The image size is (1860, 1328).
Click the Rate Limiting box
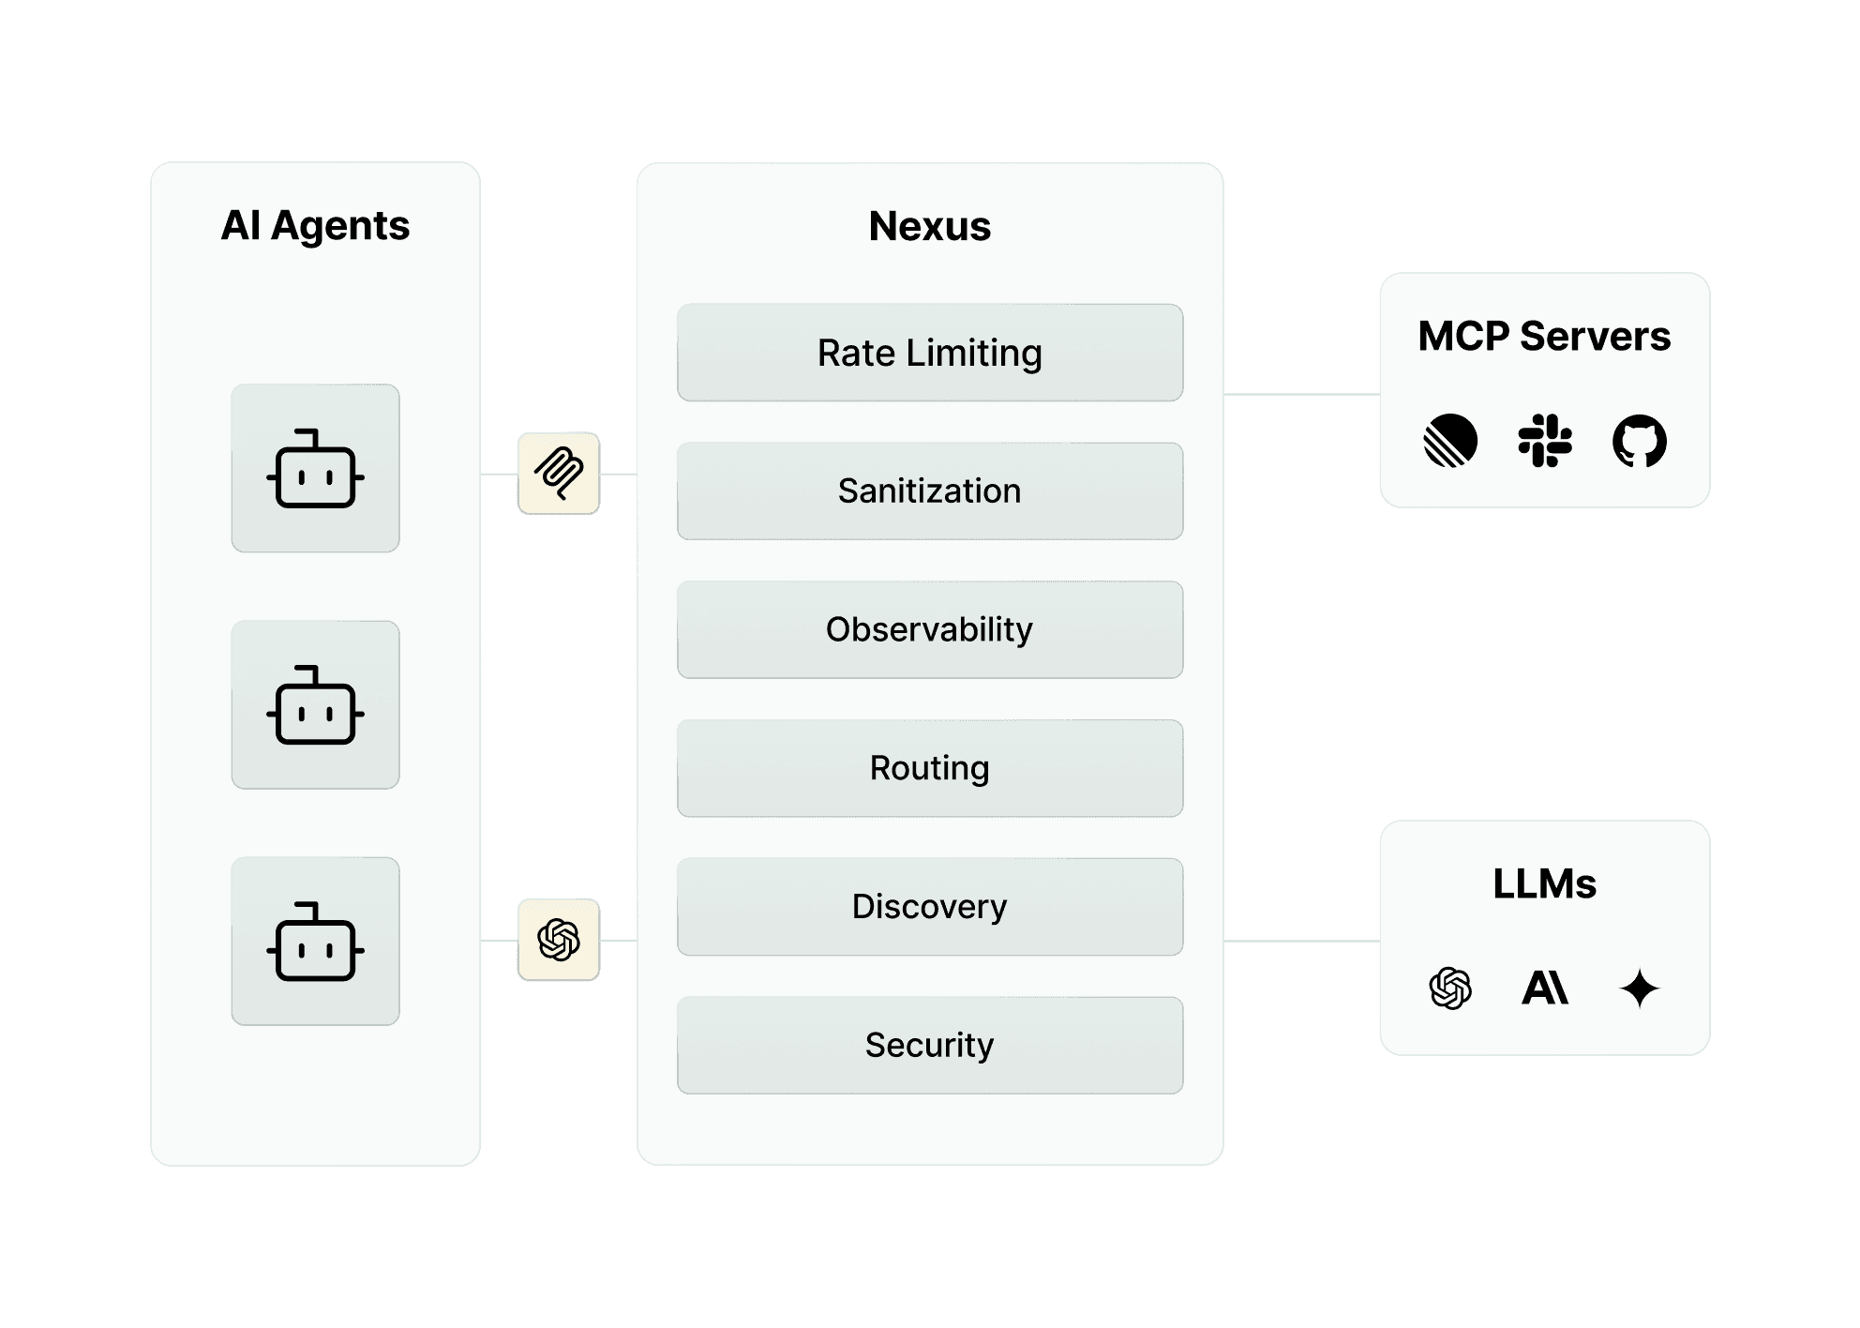click(929, 353)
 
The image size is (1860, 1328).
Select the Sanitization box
click(929, 490)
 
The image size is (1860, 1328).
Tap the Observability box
click(929, 629)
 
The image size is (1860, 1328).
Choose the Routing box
click(929, 768)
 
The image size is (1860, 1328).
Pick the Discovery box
click(929, 906)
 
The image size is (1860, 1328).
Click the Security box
click(929, 1045)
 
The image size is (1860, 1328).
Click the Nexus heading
click(929, 226)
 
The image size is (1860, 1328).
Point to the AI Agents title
click(315, 226)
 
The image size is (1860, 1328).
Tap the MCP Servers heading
click(1543, 336)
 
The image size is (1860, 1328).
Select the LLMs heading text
click(1543, 883)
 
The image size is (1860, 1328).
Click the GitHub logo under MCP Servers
click(1639, 441)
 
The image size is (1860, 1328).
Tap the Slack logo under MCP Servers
click(1544, 441)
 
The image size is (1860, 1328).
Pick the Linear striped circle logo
click(1450, 441)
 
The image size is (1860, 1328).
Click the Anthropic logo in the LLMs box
click(1544, 988)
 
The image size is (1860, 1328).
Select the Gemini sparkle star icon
click(1639, 988)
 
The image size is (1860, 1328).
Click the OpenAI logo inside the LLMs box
click(1450, 988)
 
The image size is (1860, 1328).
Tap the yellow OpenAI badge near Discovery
click(558, 940)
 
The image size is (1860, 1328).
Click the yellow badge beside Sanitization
click(558, 473)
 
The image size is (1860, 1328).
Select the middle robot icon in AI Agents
click(315, 705)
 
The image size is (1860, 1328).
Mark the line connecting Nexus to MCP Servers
click(1300, 395)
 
